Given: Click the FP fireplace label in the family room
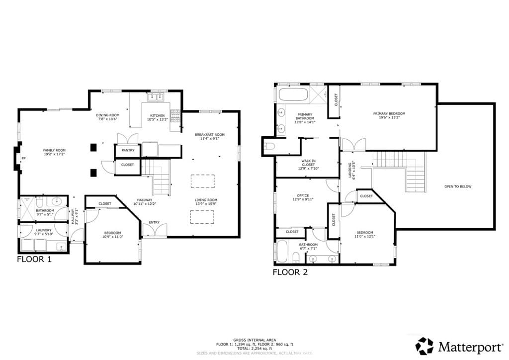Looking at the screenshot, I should coord(23,159).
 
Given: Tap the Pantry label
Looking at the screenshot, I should coord(128,150).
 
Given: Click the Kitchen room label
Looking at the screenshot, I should coord(157,115).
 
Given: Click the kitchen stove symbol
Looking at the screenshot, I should coord(175,116).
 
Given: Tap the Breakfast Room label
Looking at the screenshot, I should coord(209,134).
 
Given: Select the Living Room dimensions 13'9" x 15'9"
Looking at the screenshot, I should coord(205,204).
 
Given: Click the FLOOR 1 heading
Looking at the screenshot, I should coord(34,259).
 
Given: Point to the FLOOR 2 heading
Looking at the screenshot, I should coord(290,272).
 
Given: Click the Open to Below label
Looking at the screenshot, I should coord(458,186).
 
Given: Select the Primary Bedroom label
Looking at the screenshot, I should coord(389,113).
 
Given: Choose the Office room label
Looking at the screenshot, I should coord(303,195).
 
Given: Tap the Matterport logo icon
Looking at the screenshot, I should coord(424,346).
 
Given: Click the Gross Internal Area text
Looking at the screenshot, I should coord(254,340).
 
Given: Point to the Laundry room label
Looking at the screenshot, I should coord(44,230).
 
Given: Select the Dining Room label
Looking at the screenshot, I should coord(108,115).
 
